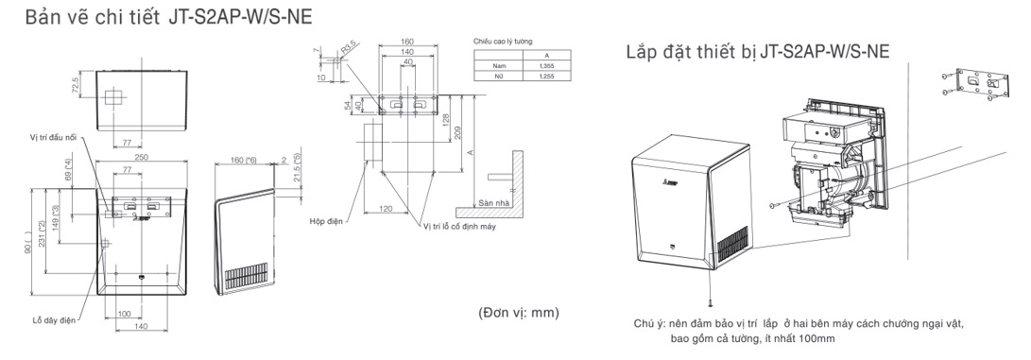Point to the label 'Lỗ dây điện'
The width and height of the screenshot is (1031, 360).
56,320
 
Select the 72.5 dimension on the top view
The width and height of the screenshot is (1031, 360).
73,87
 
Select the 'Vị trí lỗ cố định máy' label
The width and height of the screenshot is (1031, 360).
458,226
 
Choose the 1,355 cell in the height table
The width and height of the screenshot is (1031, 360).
547,65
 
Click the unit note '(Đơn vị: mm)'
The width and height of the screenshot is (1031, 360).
518,311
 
